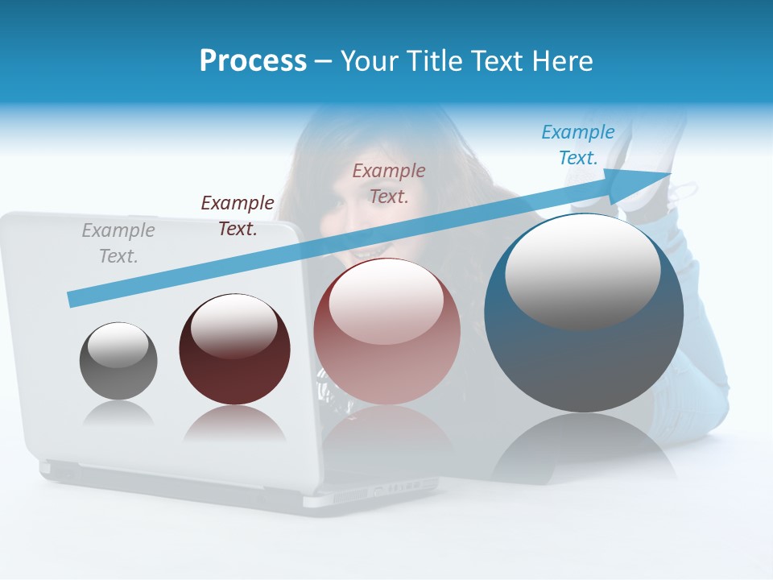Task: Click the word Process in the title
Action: pyautogui.click(x=253, y=60)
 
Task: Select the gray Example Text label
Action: pyautogui.click(x=118, y=242)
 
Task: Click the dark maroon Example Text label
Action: pyautogui.click(x=238, y=215)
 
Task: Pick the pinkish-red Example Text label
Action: pyautogui.click(x=389, y=183)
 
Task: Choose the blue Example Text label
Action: pyautogui.click(x=578, y=145)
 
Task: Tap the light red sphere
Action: pyautogui.click(x=386, y=354)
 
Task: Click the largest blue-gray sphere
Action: pyautogui.click(x=584, y=354)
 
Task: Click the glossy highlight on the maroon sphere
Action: pyautogui.click(x=234, y=325)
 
